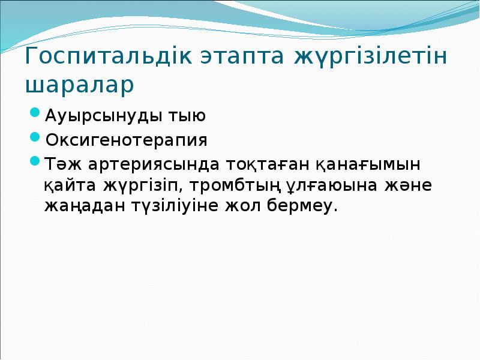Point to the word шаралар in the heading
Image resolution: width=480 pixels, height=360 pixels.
[x=79, y=85]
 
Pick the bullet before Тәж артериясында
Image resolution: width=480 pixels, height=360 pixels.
[x=35, y=161]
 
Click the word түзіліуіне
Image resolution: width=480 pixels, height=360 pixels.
[x=181, y=207]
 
